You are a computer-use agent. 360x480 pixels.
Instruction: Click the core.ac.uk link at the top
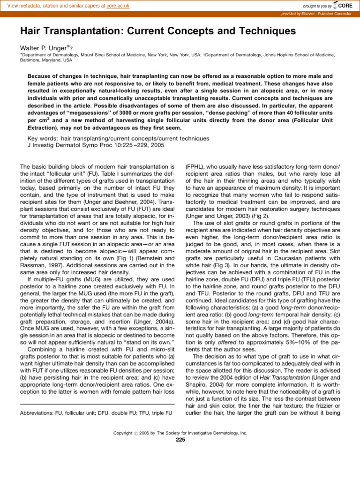point(117,6)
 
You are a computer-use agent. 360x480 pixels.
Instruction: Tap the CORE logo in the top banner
point(345,5)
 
